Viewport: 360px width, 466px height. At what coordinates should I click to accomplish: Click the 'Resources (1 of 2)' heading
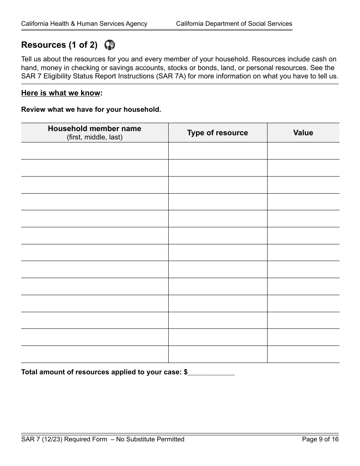(x=59, y=45)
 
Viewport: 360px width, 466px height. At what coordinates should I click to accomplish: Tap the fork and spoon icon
(x=110, y=45)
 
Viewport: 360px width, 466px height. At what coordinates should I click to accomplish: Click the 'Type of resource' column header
(x=218, y=133)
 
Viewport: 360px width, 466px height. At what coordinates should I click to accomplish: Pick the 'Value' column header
(x=303, y=133)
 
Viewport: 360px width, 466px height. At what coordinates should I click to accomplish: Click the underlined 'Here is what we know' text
(x=61, y=93)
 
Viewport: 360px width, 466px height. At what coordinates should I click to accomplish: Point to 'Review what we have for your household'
(x=91, y=110)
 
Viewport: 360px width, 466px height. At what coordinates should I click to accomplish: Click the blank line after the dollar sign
(x=211, y=372)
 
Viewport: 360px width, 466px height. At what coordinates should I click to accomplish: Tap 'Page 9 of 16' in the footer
(x=320, y=439)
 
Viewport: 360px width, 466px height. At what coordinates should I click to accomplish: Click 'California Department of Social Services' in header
(x=234, y=24)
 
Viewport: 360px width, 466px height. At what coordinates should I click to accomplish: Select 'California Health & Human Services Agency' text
(x=84, y=24)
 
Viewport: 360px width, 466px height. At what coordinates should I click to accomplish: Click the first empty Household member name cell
(x=94, y=151)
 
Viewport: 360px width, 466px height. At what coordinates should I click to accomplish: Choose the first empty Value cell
(x=303, y=151)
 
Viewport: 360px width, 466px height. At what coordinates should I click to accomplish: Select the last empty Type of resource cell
(x=218, y=354)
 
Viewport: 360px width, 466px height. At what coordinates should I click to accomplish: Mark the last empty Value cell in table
(x=303, y=354)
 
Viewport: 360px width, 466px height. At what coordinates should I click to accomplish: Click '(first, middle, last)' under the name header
(x=94, y=138)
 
